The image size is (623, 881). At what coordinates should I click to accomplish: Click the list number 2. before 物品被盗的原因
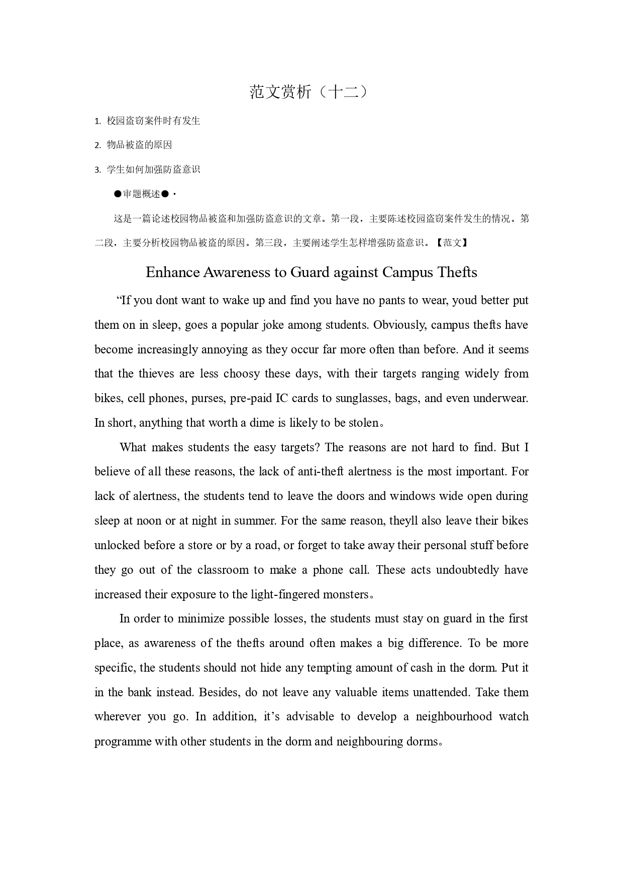click(97, 146)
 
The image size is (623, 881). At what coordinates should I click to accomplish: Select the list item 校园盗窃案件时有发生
click(153, 121)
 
